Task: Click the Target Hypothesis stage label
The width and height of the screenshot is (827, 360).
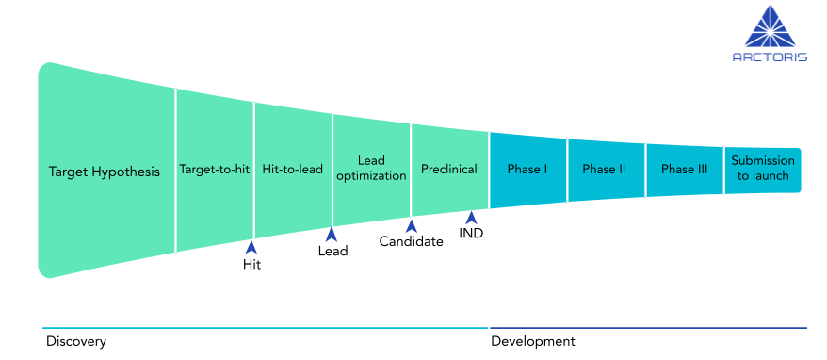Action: coord(105,172)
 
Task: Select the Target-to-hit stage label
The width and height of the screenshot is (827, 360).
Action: coord(214,171)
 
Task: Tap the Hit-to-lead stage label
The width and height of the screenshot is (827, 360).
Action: coord(292,171)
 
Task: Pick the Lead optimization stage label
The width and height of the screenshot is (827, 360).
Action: coord(370,168)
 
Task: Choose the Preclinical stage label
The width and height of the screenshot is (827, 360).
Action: coord(449,170)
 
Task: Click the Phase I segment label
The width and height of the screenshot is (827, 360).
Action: coord(527,170)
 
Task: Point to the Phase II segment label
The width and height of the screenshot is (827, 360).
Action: coord(605,170)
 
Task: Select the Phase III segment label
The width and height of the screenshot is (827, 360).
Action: coord(684,170)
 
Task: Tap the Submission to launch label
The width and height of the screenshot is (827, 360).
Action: coord(763,168)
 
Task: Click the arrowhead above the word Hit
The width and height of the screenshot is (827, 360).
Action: coord(251,247)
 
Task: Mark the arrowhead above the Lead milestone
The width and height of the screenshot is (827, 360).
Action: coord(331,233)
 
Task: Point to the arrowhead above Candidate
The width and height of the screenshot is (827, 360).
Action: coord(411,225)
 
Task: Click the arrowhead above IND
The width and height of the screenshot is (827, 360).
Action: coord(471,218)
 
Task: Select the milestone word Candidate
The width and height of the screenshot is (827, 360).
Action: coord(411,242)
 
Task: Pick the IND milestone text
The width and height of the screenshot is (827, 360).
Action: coord(471,234)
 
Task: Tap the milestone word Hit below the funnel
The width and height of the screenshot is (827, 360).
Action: coord(251,265)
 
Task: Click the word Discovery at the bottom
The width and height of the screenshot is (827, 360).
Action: coord(76,341)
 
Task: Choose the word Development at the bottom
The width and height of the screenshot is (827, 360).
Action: coord(532,341)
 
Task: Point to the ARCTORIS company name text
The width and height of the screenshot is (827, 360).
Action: coord(770,57)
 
